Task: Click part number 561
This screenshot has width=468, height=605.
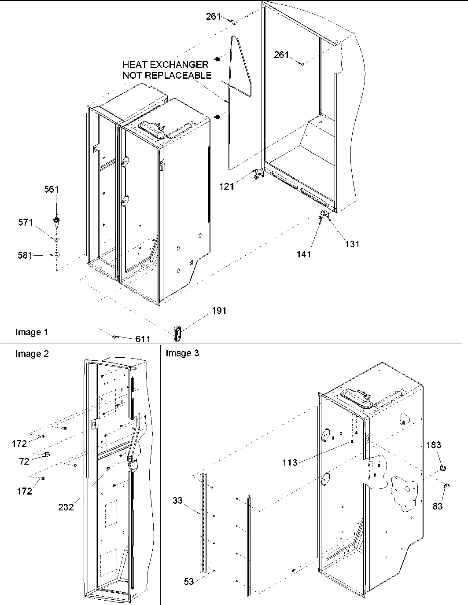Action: [x=51, y=189]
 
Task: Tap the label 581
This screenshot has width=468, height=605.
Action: [x=25, y=255]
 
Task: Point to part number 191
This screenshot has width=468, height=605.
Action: [x=219, y=311]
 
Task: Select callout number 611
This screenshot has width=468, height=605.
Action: [x=143, y=339]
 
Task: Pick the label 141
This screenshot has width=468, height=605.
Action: [x=304, y=254]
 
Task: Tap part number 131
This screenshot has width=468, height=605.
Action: [x=352, y=244]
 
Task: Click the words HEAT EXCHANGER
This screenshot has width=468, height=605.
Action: [x=165, y=65]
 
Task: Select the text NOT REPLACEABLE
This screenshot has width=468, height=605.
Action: [x=167, y=75]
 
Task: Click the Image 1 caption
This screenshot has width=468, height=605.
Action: [x=32, y=332]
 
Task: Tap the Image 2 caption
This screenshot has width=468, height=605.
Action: [x=32, y=353]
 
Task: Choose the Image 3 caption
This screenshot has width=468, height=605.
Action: [x=182, y=353]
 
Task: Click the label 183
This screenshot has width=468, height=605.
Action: [x=433, y=445]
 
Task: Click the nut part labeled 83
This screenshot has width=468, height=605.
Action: [x=445, y=486]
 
